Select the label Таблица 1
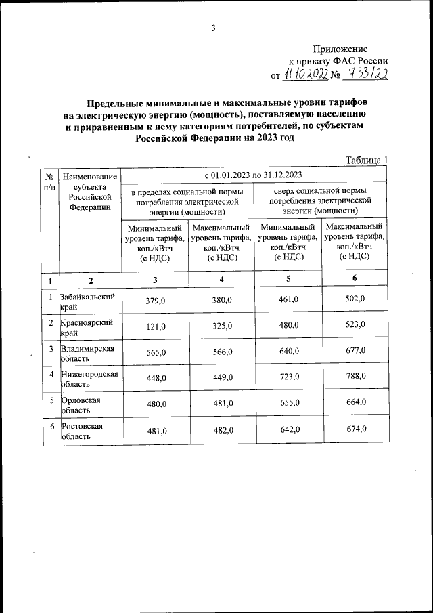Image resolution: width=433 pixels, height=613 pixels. [x=367, y=160]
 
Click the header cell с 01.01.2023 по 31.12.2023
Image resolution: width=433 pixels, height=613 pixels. [x=254, y=175]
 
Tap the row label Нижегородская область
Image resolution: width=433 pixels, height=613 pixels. [x=89, y=379]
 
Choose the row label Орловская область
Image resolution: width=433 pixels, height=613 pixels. [x=81, y=405]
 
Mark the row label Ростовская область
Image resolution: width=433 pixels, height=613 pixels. [x=82, y=431]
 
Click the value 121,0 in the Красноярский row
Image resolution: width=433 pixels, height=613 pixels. [x=156, y=326]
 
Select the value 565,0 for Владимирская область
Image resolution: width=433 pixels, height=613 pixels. [x=156, y=352]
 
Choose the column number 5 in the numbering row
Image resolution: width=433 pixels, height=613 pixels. [x=289, y=279]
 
